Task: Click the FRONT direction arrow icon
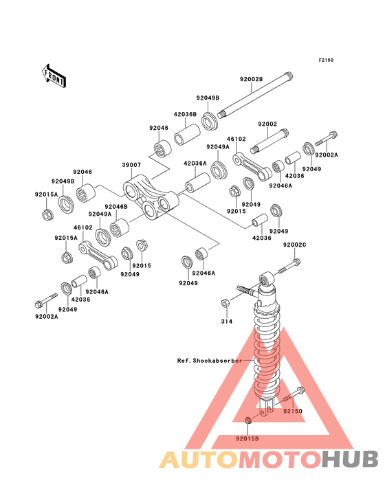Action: (x=54, y=75)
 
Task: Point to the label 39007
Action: (x=132, y=166)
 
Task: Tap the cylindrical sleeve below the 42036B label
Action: (x=186, y=132)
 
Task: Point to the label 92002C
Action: (x=295, y=245)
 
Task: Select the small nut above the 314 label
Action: (x=225, y=303)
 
